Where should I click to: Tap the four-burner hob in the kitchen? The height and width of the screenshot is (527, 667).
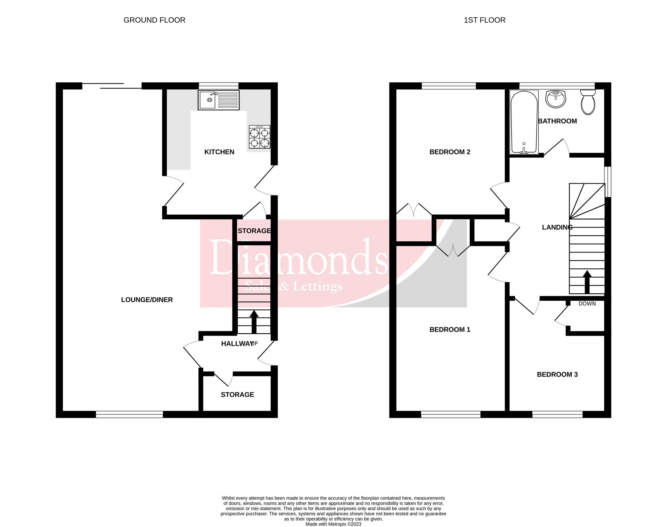259,136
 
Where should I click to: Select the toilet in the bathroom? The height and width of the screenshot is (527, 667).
588,102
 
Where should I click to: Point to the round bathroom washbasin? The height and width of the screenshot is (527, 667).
556,99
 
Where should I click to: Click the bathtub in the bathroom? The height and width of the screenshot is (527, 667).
524,122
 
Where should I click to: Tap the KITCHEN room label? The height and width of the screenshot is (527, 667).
219,152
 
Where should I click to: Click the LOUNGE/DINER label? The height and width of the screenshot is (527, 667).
147,300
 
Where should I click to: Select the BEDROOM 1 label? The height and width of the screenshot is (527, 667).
450,330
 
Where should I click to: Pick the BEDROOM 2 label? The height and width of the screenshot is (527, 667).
450,152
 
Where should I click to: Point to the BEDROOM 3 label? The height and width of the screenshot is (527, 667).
557,374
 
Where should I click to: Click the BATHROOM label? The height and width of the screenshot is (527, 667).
557,121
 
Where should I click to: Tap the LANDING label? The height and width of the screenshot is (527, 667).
557,227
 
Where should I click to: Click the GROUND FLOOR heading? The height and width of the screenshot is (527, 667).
154,20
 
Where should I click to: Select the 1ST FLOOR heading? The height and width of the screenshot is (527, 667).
484,20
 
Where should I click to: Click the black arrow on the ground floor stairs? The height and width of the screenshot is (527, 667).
254,321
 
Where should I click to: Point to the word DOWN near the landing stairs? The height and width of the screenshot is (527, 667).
587,304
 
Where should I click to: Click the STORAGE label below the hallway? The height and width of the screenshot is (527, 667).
237,394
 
